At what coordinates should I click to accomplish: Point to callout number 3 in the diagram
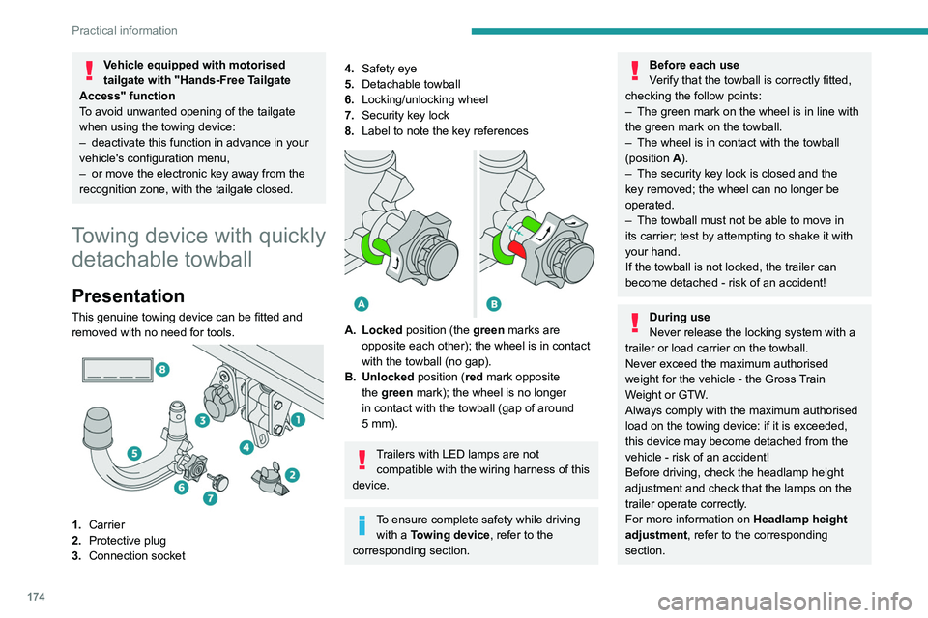tap(201, 420)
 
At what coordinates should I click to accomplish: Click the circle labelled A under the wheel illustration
tap(361, 304)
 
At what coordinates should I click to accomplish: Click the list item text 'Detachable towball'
tap(411, 84)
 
